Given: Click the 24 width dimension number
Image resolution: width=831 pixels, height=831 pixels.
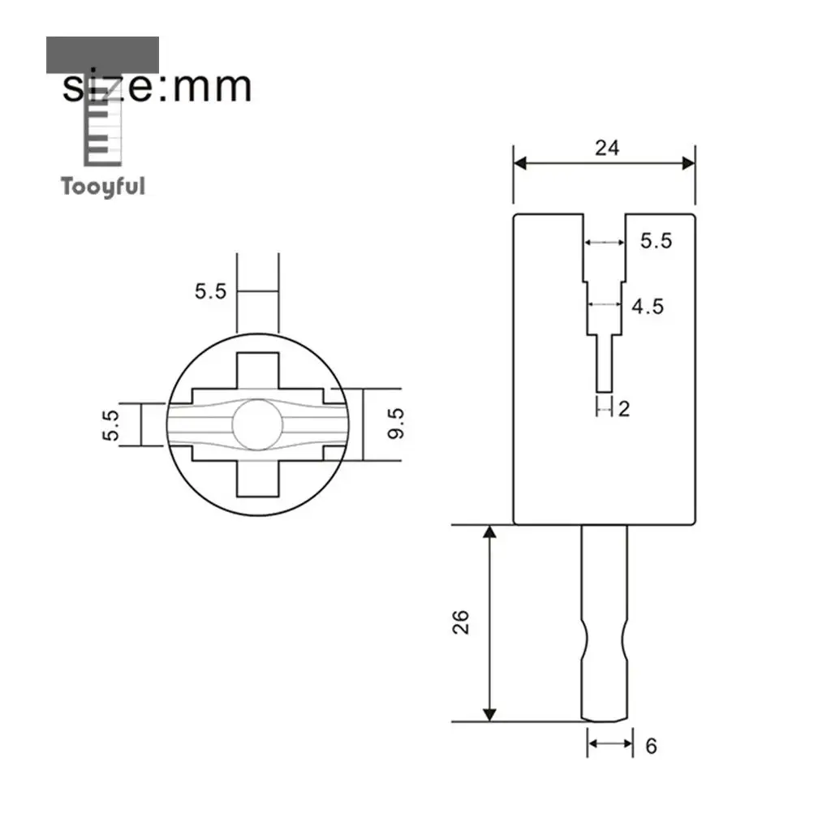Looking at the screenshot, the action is (x=607, y=148).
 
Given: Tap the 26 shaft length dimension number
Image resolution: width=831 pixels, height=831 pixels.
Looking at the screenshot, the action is (x=461, y=622).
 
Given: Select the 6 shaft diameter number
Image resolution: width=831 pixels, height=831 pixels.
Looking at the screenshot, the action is (x=652, y=747).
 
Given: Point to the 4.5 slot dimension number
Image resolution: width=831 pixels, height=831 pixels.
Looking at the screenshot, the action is (x=647, y=306).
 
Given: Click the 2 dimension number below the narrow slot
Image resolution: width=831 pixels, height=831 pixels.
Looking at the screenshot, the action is (x=624, y=409).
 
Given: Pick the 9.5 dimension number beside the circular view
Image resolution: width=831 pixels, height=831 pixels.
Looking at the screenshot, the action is (x=395, y=424).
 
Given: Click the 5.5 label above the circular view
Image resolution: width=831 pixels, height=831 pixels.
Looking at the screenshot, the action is (x=210, y=291).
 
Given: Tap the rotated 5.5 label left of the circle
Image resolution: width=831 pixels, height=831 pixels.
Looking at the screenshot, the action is (x=110, y=425).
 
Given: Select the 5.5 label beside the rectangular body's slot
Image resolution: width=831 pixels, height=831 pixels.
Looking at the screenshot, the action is (x=656, y=240).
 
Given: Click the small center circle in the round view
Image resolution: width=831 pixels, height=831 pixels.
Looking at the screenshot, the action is (x=257, y=425).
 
